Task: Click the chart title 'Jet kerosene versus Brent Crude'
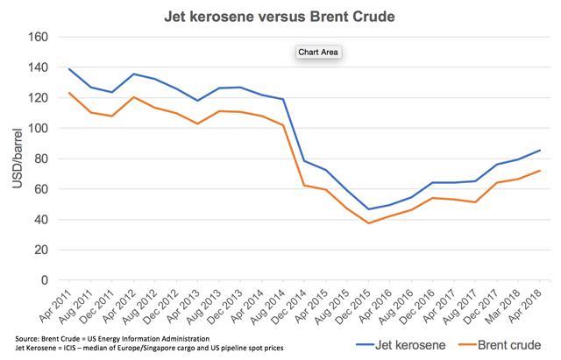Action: click(x=280, y=16)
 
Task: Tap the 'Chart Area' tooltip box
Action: click(x=317, y=52)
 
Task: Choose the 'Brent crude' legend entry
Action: click(x=495, y=343)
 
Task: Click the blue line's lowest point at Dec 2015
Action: click(x=369, y=209)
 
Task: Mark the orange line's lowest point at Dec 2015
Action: click(x=369, y=223)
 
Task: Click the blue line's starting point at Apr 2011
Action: click(x=69, y=69)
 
